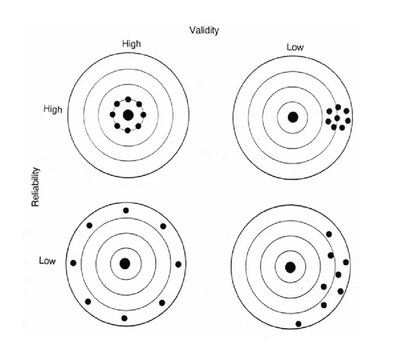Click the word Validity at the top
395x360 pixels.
[204, 30]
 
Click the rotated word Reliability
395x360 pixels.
[35, 187]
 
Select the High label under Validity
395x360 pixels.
[132, 44]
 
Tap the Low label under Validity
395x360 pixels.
[295, 47]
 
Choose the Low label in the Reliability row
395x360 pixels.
[47, 261]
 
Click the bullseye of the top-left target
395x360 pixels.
[128, 115]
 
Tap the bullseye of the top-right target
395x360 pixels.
[292, 117]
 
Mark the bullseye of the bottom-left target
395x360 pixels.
[125, 263]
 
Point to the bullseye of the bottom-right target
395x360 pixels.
[290, 267]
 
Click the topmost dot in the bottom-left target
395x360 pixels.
[126, 210]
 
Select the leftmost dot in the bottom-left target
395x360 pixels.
[73, 263]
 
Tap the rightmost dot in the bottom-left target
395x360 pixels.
[178, 264]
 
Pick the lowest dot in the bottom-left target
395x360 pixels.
[124, 318]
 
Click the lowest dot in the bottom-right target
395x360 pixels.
[298, 324]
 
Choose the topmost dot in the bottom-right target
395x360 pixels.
[329, 234]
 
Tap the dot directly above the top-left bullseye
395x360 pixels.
[128, 100]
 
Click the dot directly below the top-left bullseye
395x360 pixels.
[128, 130]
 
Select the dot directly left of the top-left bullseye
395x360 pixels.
[112, 114]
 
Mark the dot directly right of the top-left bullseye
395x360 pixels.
[143, 114]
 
